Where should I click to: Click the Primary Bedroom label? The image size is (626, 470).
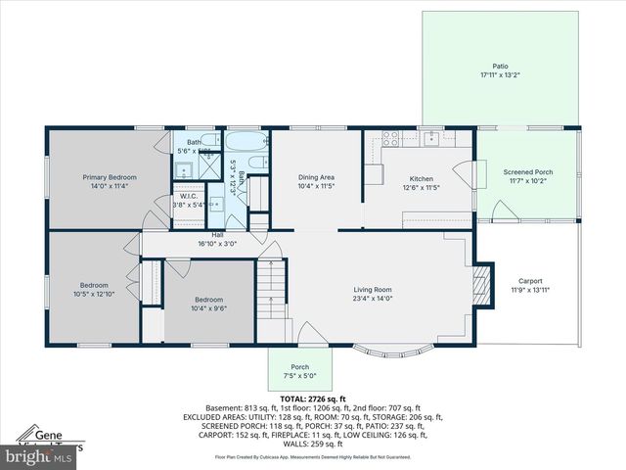click(109, 177)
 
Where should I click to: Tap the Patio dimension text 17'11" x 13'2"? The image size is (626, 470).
click(500, 75)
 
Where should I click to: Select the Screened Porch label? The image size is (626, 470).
click(527, 171)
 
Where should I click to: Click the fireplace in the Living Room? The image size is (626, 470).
click(479, 285)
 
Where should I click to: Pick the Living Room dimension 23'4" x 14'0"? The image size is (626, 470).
click(372, 298)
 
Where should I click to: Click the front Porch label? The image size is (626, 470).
click(299, 367)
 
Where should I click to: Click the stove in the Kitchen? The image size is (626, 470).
click(388, 139)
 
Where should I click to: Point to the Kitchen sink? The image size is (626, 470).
click(429, 137)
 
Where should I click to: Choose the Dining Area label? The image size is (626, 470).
click(316, 177)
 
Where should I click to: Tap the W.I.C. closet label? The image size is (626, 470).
click(189, 196)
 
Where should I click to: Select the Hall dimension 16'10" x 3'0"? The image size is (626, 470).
click(217, 243)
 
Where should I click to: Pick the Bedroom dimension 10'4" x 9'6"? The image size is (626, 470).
click(208, 308)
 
